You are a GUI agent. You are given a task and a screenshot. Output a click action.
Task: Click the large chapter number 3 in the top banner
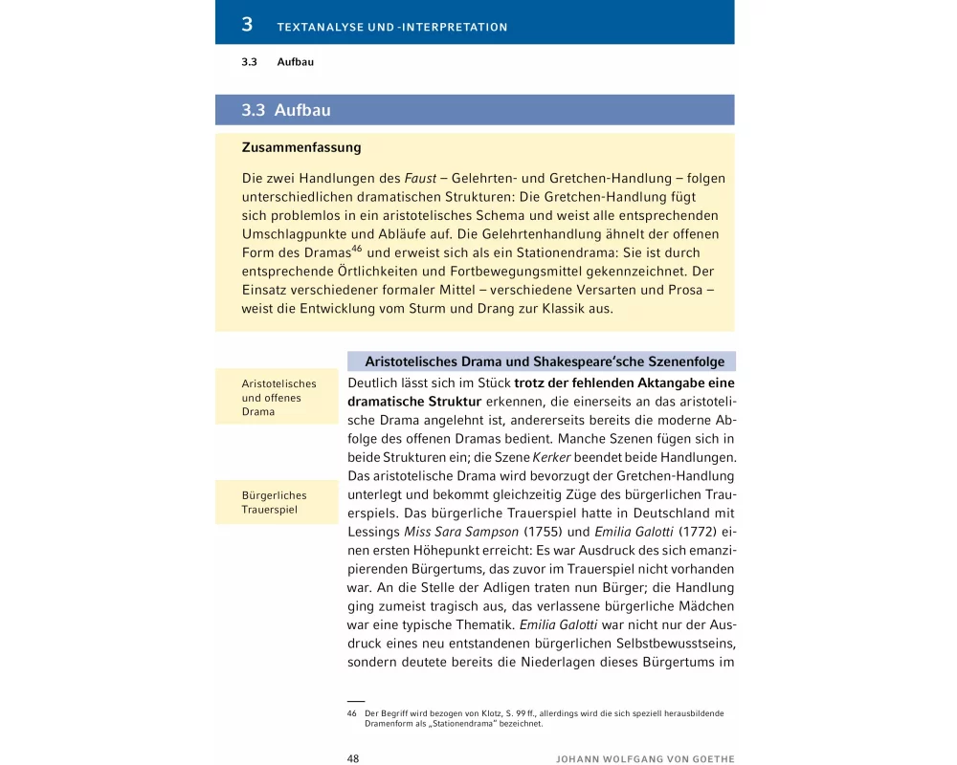click(247, 24)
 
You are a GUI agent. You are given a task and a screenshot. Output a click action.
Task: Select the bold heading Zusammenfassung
click(301, 148)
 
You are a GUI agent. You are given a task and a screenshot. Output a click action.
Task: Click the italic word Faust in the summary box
click(423, 179)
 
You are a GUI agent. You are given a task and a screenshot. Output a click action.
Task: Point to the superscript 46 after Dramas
click(356, 249)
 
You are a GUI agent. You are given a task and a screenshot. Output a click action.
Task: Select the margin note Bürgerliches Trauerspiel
click(274, 503)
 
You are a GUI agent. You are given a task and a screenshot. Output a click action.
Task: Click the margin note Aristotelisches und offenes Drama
click(278, 398)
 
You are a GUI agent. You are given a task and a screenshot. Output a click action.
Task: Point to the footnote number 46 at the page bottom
click(352, 713)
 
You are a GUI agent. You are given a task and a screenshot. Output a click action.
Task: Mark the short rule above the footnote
click(356, 702)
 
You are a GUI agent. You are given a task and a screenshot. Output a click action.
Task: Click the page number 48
click(353, 758)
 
